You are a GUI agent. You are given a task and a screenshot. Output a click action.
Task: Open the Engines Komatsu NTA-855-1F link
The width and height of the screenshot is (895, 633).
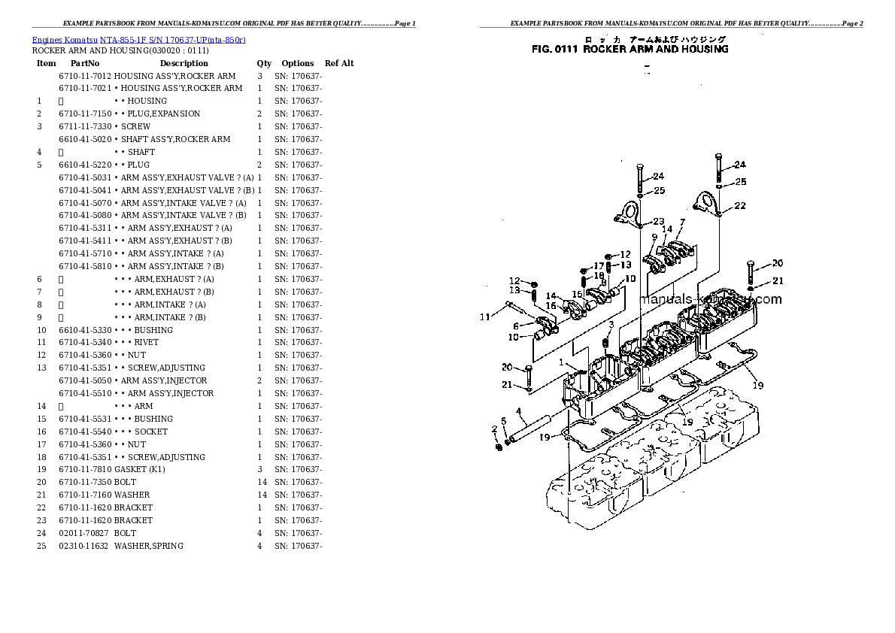point(138,39)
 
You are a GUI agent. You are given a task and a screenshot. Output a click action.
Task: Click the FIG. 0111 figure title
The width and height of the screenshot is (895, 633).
point(630,50)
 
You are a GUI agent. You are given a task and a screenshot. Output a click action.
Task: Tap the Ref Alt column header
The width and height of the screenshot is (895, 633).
point(339,64)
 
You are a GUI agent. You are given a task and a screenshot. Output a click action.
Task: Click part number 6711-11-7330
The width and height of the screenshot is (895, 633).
point(85,127)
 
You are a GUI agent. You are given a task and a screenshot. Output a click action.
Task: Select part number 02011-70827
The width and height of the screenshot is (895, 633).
point(84,533)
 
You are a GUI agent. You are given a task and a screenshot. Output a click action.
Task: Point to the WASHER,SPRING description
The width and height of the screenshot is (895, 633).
point(149,546)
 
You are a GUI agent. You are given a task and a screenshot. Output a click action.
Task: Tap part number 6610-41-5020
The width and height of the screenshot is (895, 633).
point(85,140)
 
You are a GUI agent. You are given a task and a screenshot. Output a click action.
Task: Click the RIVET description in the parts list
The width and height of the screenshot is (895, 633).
point(147,343)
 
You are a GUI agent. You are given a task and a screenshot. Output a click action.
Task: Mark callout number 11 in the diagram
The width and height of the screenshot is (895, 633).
point(485,316)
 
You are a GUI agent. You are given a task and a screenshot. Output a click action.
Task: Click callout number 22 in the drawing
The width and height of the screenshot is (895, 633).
point(740,206)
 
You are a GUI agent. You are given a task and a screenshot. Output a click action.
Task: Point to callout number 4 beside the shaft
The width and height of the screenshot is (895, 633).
point(520,411)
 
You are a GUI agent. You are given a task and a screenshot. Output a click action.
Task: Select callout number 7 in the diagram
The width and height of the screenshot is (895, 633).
point(682,223)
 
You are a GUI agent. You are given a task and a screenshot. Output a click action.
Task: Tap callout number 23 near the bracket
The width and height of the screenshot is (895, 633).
point(659,222)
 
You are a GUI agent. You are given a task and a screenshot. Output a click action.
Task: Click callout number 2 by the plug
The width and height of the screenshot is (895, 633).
point(494,429)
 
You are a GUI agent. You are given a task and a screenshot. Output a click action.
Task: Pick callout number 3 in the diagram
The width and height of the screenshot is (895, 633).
point(611,325)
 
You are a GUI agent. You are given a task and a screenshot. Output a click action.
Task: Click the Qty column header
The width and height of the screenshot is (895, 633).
point(264,64)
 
